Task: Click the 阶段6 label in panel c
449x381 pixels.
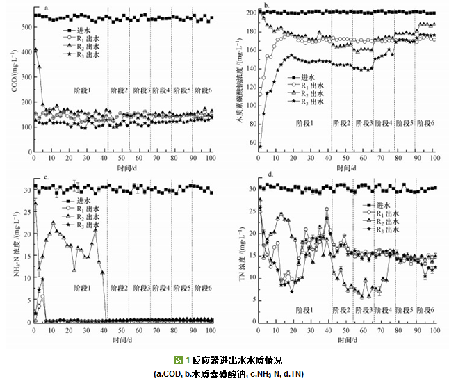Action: pyautogui.click(x=202, y=288)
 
